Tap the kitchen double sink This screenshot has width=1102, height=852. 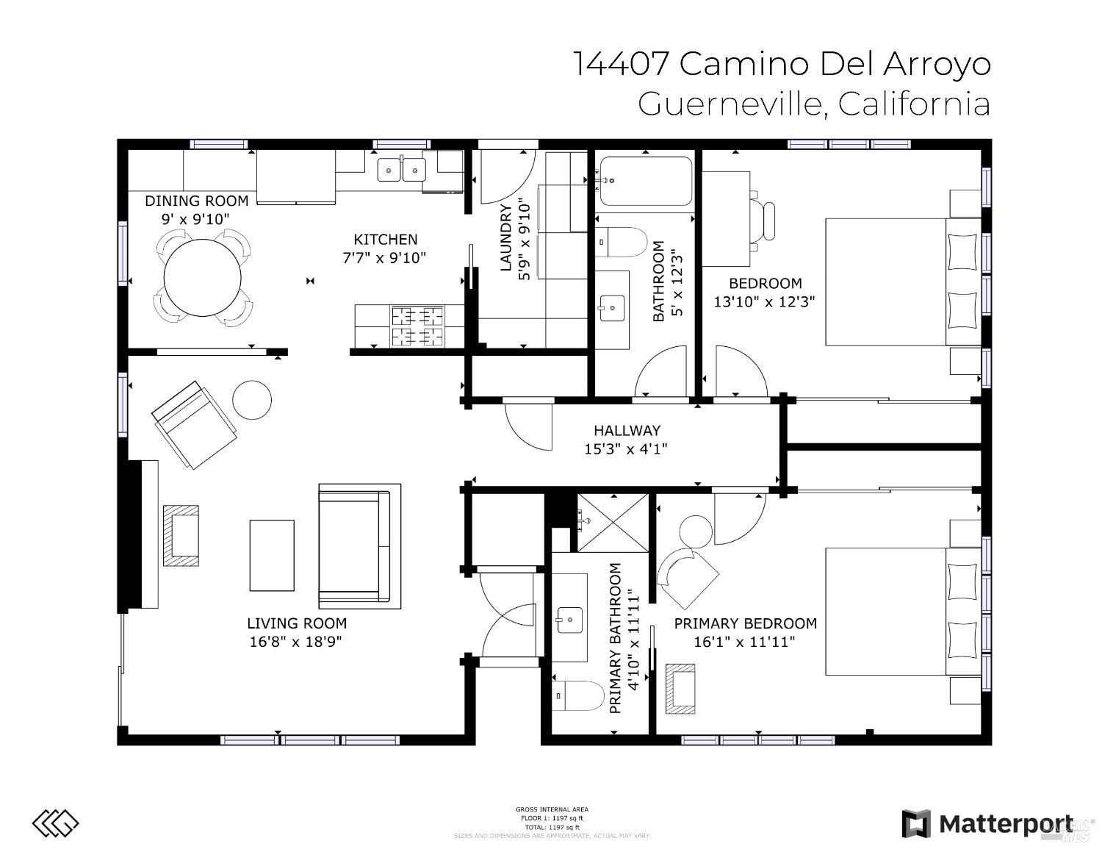[401, 170]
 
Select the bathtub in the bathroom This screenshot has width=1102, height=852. [645, 182]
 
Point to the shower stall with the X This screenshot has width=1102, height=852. [612, 523]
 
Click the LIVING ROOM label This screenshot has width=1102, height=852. [296, 623]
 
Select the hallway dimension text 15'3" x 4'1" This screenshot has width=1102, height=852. [625, 448]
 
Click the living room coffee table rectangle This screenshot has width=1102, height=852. [272, 555]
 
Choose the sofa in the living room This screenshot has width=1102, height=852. [359, 546]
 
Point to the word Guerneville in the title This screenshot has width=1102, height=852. [728, 104]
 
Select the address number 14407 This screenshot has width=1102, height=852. [620, 64]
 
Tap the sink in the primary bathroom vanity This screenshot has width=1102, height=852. [569, 620]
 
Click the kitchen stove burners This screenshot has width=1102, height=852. [417, 326]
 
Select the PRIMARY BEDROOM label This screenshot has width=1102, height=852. [745, 623]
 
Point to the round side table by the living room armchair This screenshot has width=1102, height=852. [252, 400]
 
